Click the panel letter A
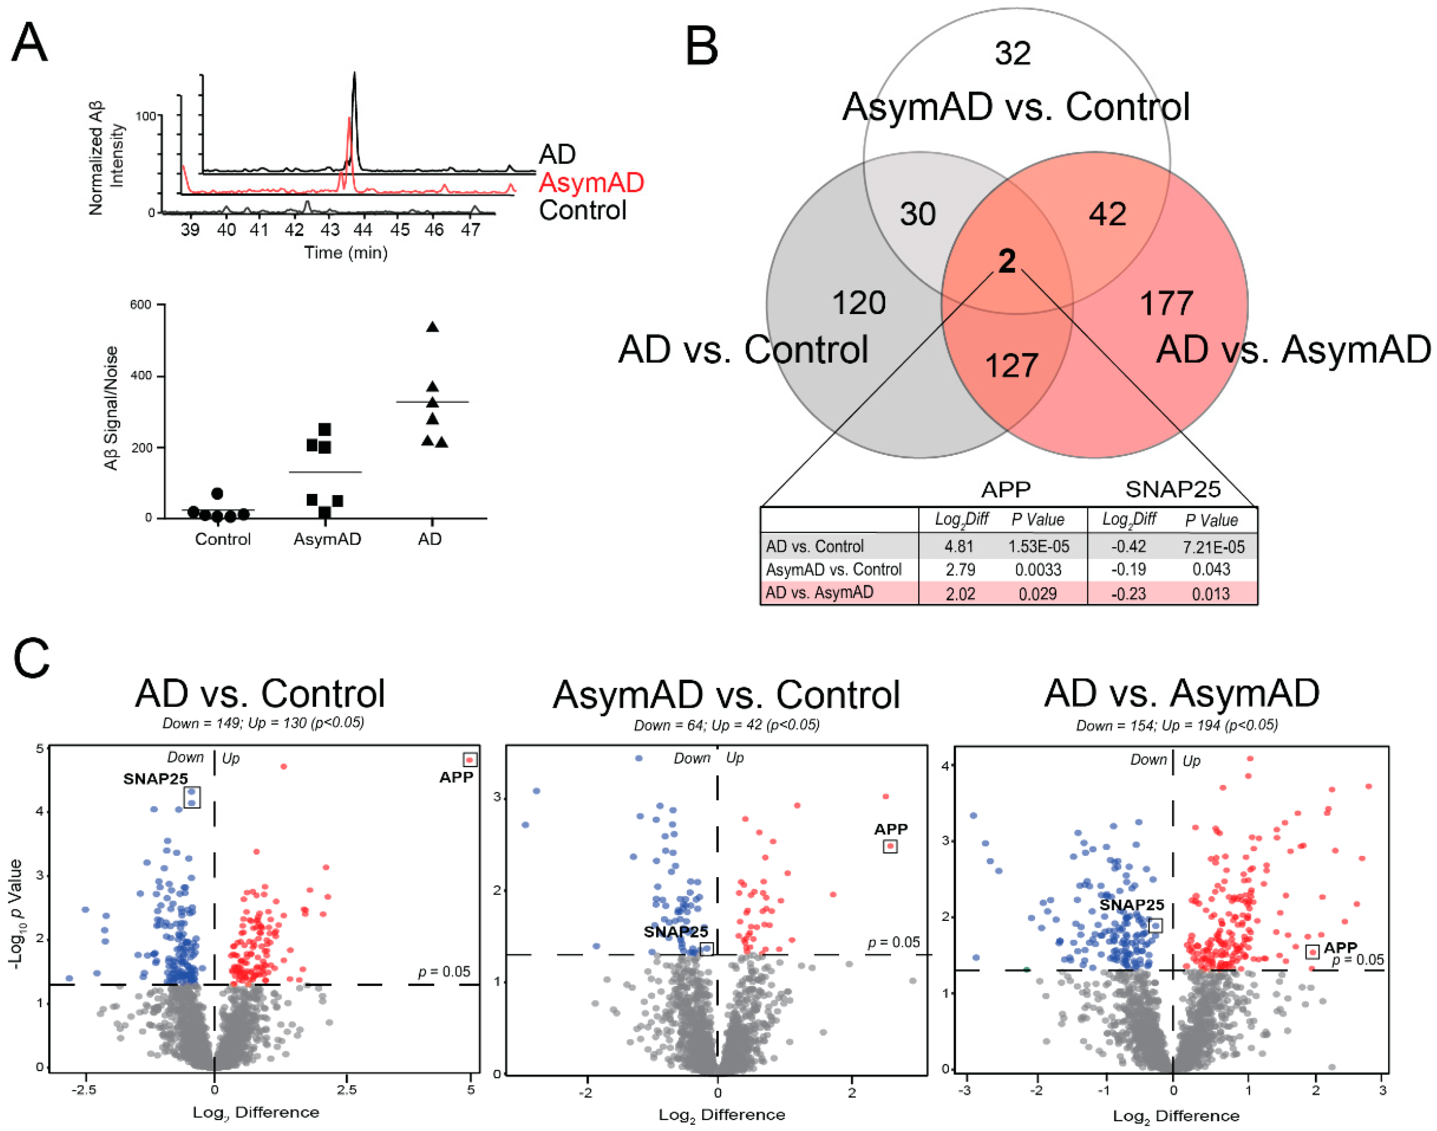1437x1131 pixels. pos(30,43)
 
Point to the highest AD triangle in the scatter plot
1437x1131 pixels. pos(432,327)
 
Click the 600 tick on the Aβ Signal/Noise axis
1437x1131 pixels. pos(140,305)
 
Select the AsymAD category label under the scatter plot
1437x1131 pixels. pos(327,539)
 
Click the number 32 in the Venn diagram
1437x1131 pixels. pos(1013,53)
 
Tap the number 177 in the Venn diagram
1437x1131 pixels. pos(1166,303)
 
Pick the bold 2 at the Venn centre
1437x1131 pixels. pos(1007,261)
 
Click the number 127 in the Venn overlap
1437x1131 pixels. pos(1011,366)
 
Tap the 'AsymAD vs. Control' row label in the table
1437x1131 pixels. pos(833,570)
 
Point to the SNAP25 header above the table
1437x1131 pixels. pos(1173,489)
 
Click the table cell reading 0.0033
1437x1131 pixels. pos(1038,570)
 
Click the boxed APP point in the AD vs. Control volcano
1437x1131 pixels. pos(470,759)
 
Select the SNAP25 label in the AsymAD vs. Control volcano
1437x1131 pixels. pos(676,931)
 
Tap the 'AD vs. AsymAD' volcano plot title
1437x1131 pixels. pos(1181,694)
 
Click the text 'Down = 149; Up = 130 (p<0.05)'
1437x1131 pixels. pos(263,723)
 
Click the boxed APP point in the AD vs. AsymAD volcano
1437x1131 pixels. pos(1312,952)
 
